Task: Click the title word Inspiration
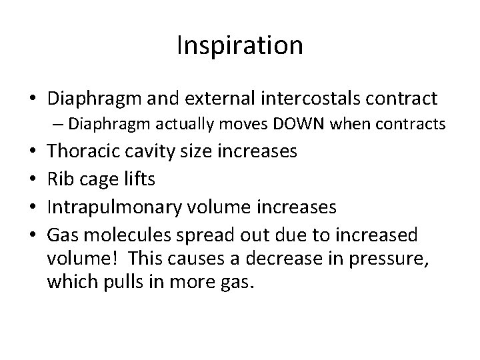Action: (240, 45)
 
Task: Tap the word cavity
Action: (152, 151)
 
